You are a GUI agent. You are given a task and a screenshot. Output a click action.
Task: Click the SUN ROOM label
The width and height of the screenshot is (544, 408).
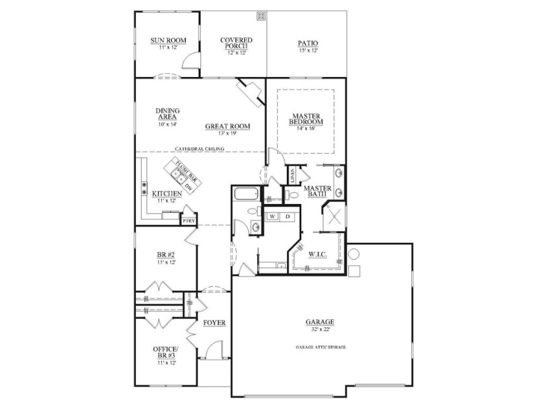click(x=168, y=41)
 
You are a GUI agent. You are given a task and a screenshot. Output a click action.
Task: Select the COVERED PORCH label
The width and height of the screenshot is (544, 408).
click(x=236, y=43)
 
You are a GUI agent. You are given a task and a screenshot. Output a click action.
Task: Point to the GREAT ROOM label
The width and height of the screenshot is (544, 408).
click(x=227, y=126)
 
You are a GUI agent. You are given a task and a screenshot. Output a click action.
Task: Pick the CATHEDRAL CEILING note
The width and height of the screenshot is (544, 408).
click(x=199, y=149)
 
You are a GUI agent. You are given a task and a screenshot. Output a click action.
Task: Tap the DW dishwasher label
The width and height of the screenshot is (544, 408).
click(x=188, y=187)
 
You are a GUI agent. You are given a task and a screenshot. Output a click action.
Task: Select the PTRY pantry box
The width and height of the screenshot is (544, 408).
click(x=188, y=221)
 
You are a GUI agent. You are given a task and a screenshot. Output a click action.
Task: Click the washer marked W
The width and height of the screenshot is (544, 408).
click(x=273, y=216)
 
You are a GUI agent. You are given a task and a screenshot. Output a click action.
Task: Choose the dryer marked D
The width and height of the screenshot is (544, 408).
click(x=288, y=216)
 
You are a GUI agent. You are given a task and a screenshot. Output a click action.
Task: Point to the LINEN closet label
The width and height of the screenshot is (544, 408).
click(x=292, y=176)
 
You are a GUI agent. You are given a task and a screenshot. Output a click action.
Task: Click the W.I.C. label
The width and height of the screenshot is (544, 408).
click(x=317, y=255)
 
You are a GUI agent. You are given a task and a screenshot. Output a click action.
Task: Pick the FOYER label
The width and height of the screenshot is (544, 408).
click(x=214, y=323)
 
